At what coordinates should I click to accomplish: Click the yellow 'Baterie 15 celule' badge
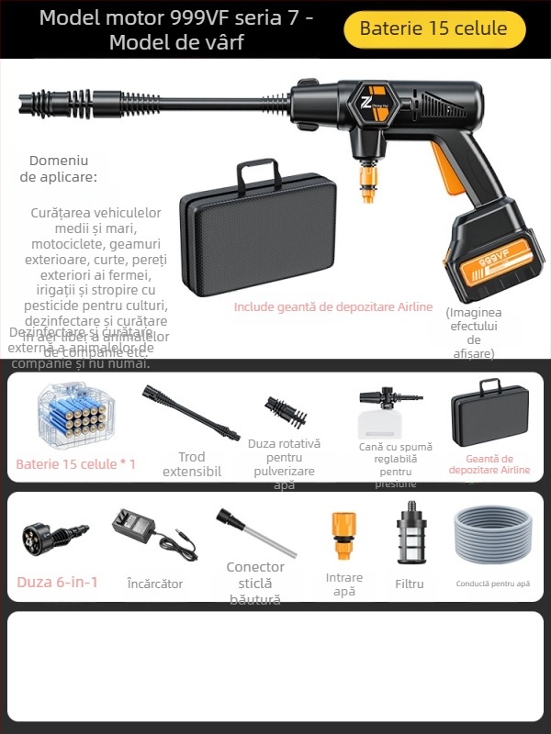pyautogui.click(x=433, y=28)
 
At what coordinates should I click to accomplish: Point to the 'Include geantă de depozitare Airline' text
pyautogui.click(x=332, y=307)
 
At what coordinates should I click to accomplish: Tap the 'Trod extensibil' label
pyautogui.click(x=192, y=464)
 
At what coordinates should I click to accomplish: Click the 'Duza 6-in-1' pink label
pyautogui.click(x=57, y=582)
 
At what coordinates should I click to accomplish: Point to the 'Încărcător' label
pyautogui.click(x=155, y=584)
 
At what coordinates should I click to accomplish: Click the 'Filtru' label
pyautogui.click(x=410, y=584)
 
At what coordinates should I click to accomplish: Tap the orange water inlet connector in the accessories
pyautogui.click(x=343, y=538)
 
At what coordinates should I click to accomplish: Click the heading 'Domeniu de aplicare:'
pyautogui.click(x=59, y=168)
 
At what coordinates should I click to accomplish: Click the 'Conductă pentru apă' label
pyautogui.click(x=493, y=584)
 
